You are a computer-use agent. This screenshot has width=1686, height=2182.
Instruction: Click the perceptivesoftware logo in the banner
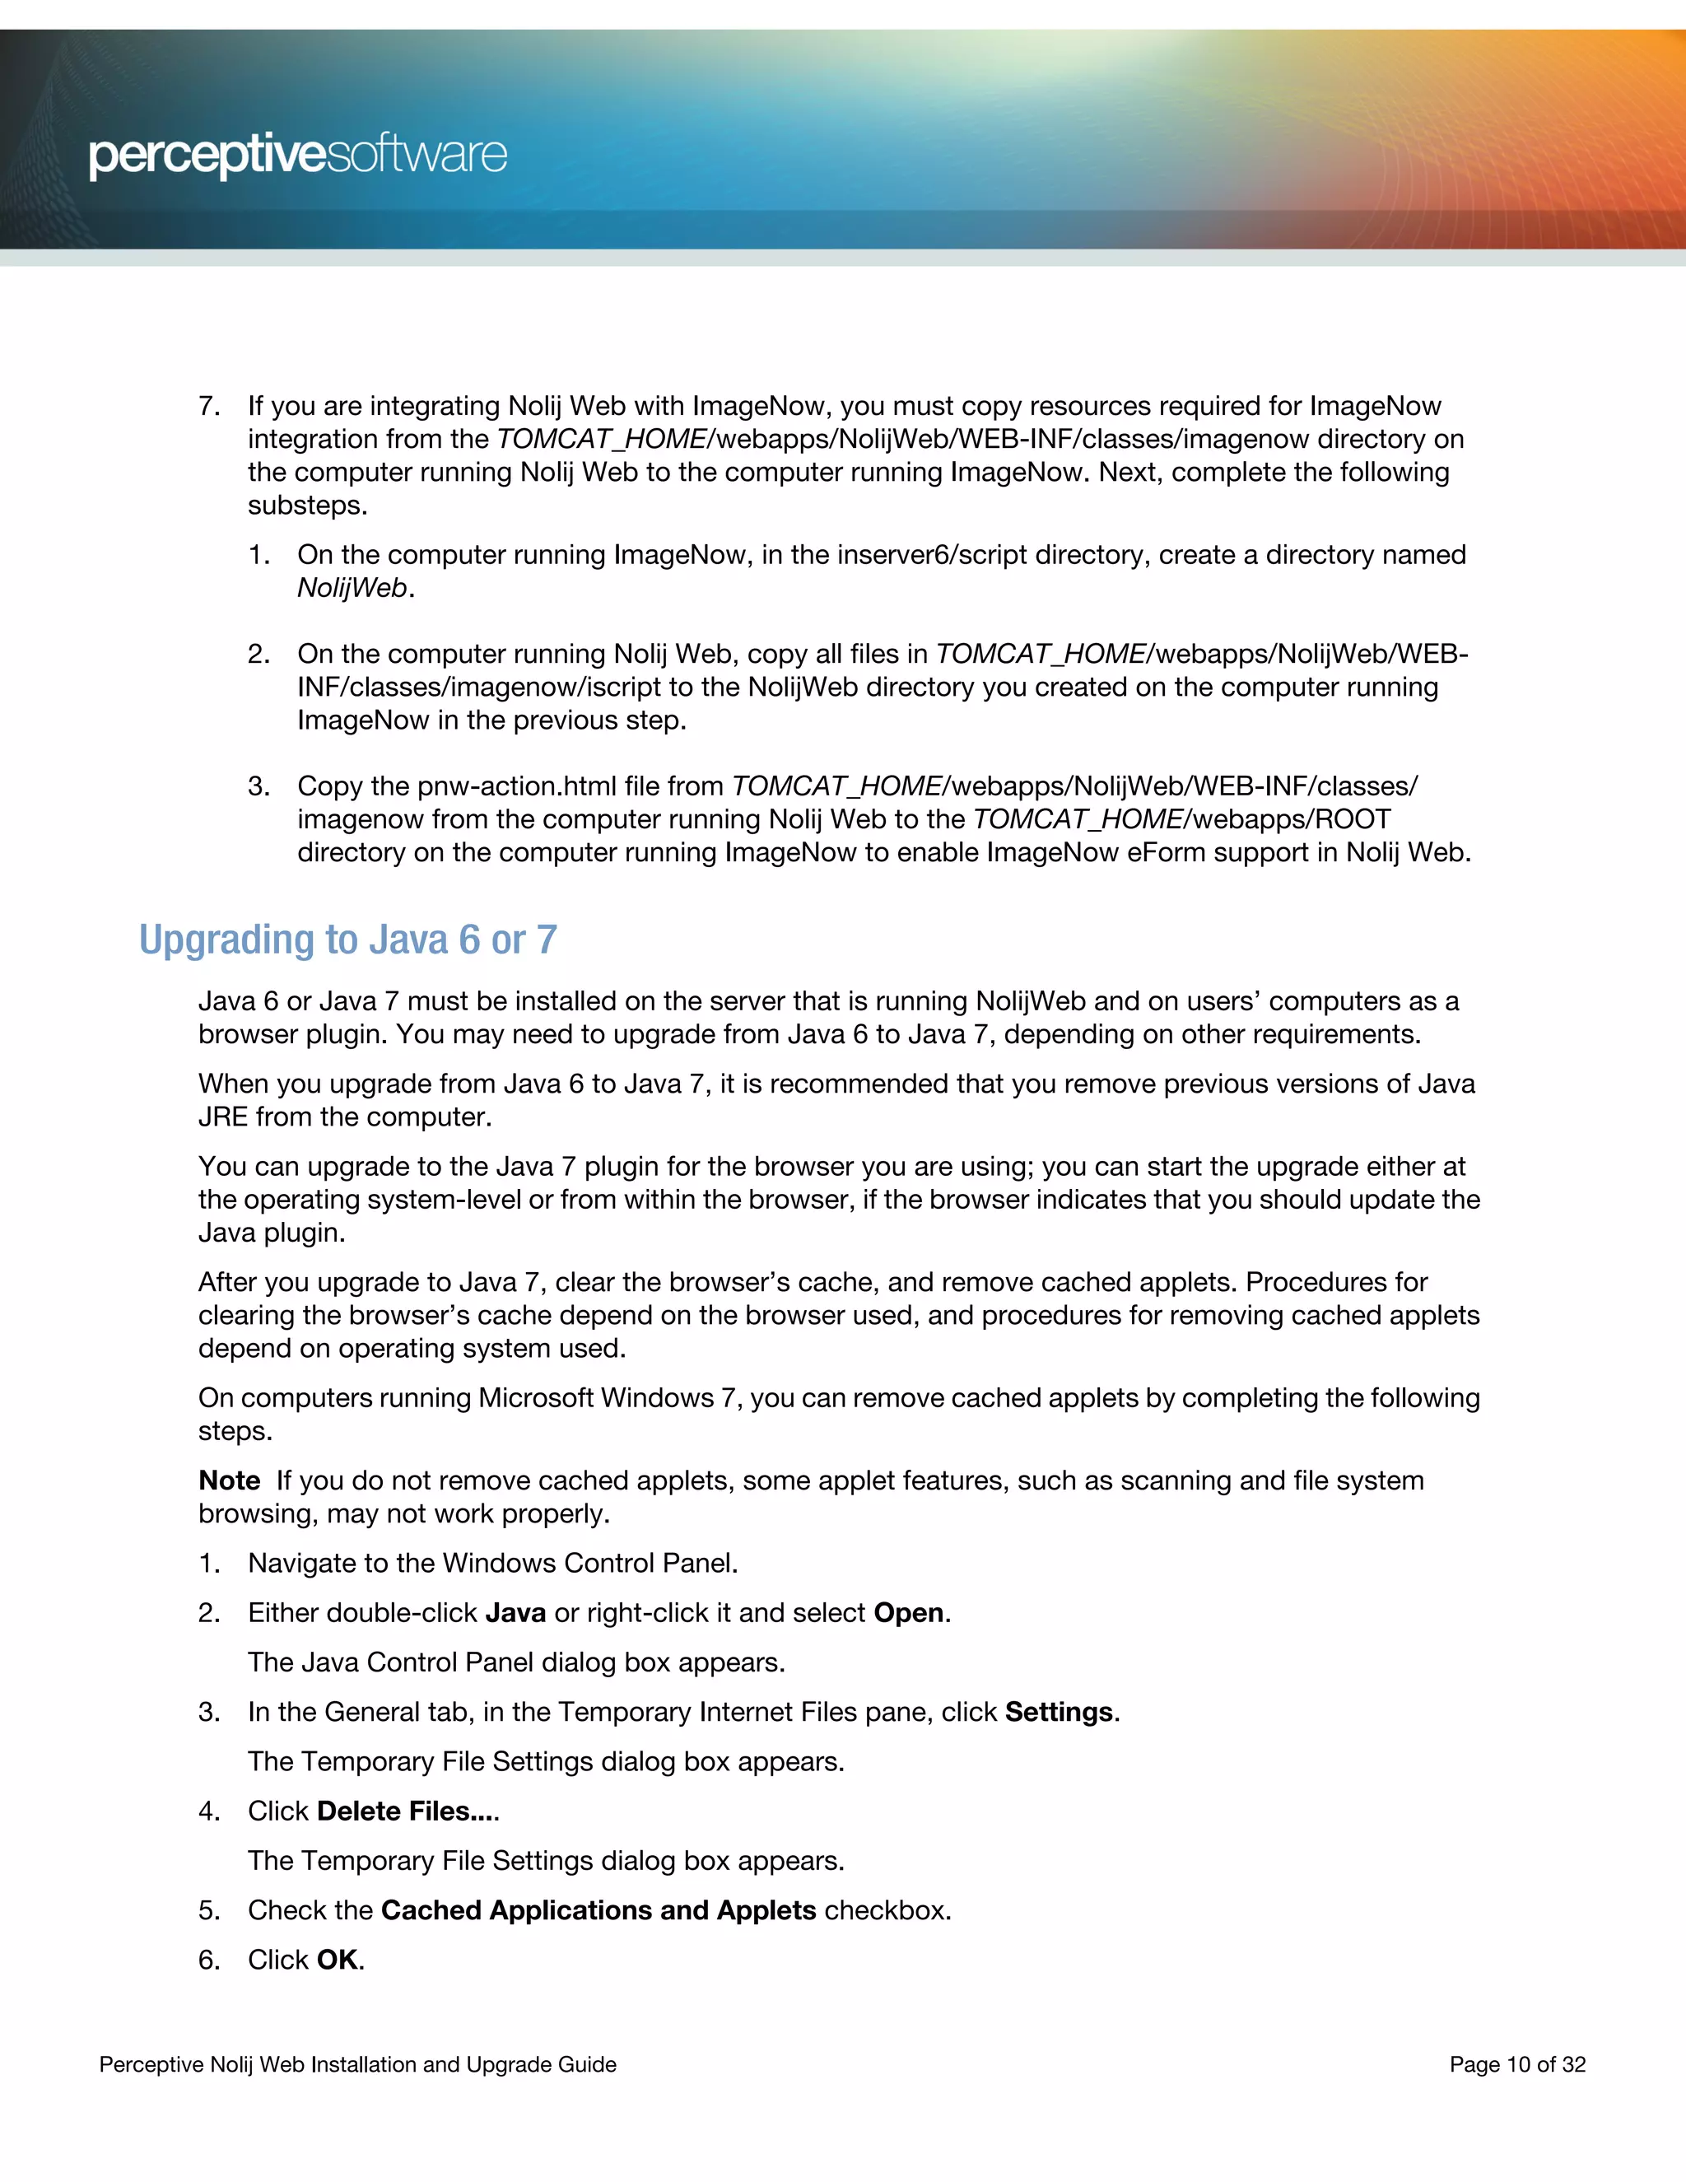[298, 155]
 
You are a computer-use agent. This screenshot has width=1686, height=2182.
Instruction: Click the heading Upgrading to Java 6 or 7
[347, 940]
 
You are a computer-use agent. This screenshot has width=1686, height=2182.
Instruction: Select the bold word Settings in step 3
[1059, 1712]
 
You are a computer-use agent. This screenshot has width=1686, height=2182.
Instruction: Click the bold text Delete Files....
[406, 1811]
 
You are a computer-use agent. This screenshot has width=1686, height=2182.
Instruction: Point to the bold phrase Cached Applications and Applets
[598, 1909]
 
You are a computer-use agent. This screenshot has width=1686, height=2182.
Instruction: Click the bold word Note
[229, 1480]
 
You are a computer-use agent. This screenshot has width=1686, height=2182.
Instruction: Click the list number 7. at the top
[209, 406]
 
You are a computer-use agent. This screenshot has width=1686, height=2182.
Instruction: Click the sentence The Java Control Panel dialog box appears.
[516, 1662]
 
